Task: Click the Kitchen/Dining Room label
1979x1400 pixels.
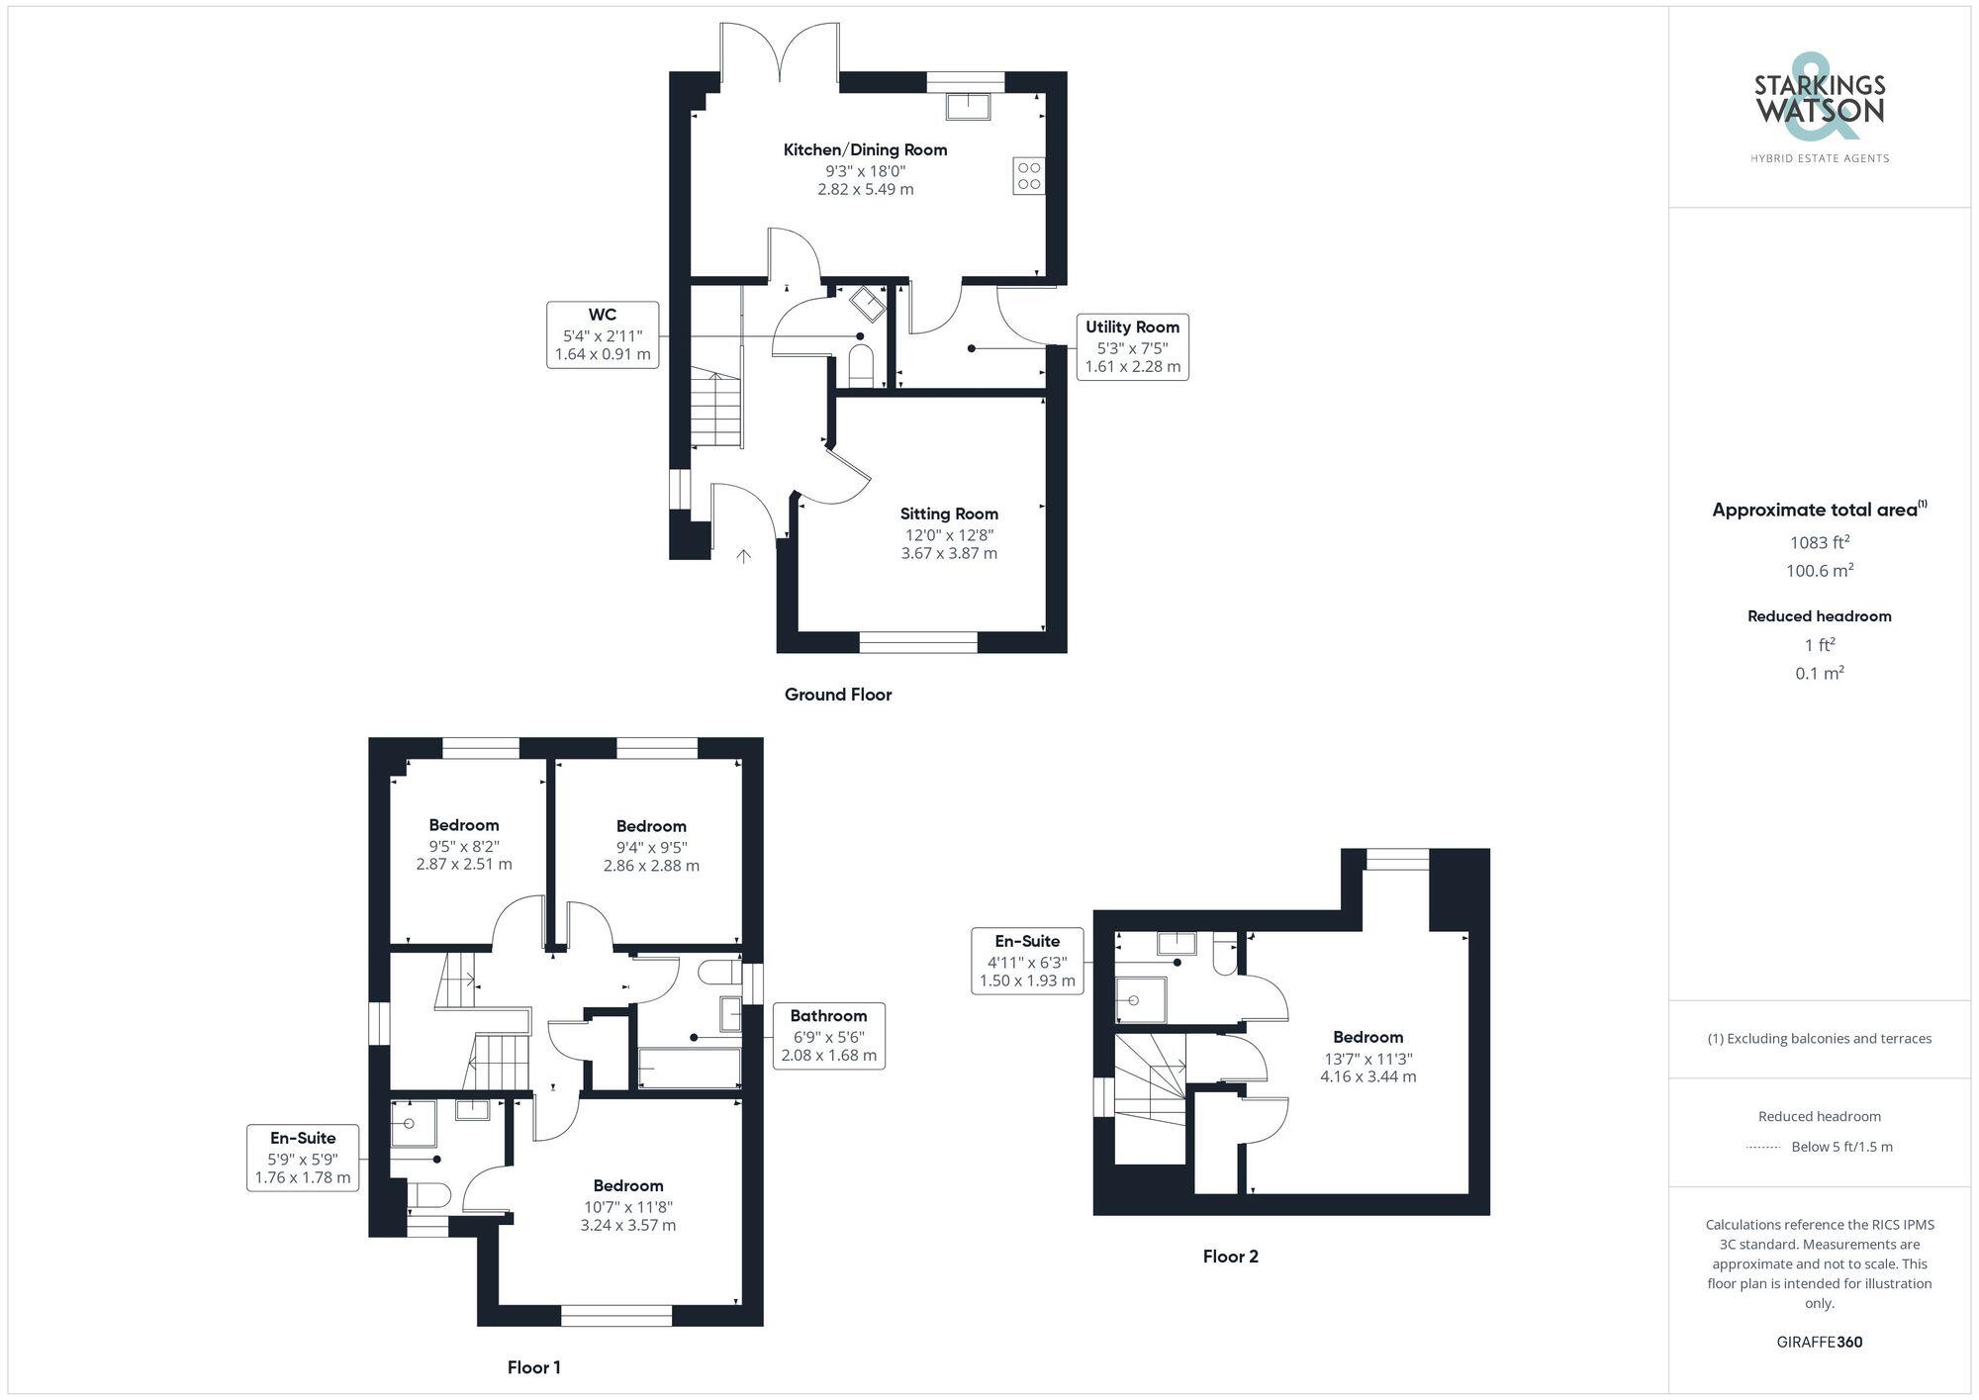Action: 865,149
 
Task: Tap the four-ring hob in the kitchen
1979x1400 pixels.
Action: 1029,176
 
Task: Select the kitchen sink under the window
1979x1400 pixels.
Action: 968,105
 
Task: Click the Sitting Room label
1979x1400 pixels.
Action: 949,513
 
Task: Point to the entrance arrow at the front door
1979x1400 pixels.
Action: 743,556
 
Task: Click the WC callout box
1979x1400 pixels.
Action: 603,334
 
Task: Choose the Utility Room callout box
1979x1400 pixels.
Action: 1132,346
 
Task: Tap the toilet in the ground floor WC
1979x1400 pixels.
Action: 861,365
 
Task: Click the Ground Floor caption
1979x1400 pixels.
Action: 838,695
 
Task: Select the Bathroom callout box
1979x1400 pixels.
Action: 828,1035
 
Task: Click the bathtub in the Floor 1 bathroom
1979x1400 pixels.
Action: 690,1069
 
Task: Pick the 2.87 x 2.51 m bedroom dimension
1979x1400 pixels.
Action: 464,864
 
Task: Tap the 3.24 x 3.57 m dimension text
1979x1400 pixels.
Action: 628,1225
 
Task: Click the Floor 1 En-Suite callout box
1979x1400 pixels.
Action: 303,1158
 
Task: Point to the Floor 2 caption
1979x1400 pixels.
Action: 1230,1257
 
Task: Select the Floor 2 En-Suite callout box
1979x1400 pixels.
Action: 1027,961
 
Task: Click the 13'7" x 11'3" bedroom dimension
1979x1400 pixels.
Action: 1367,1058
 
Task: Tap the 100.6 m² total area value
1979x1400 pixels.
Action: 1819,571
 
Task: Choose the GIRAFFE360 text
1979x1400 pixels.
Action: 1819,1342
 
